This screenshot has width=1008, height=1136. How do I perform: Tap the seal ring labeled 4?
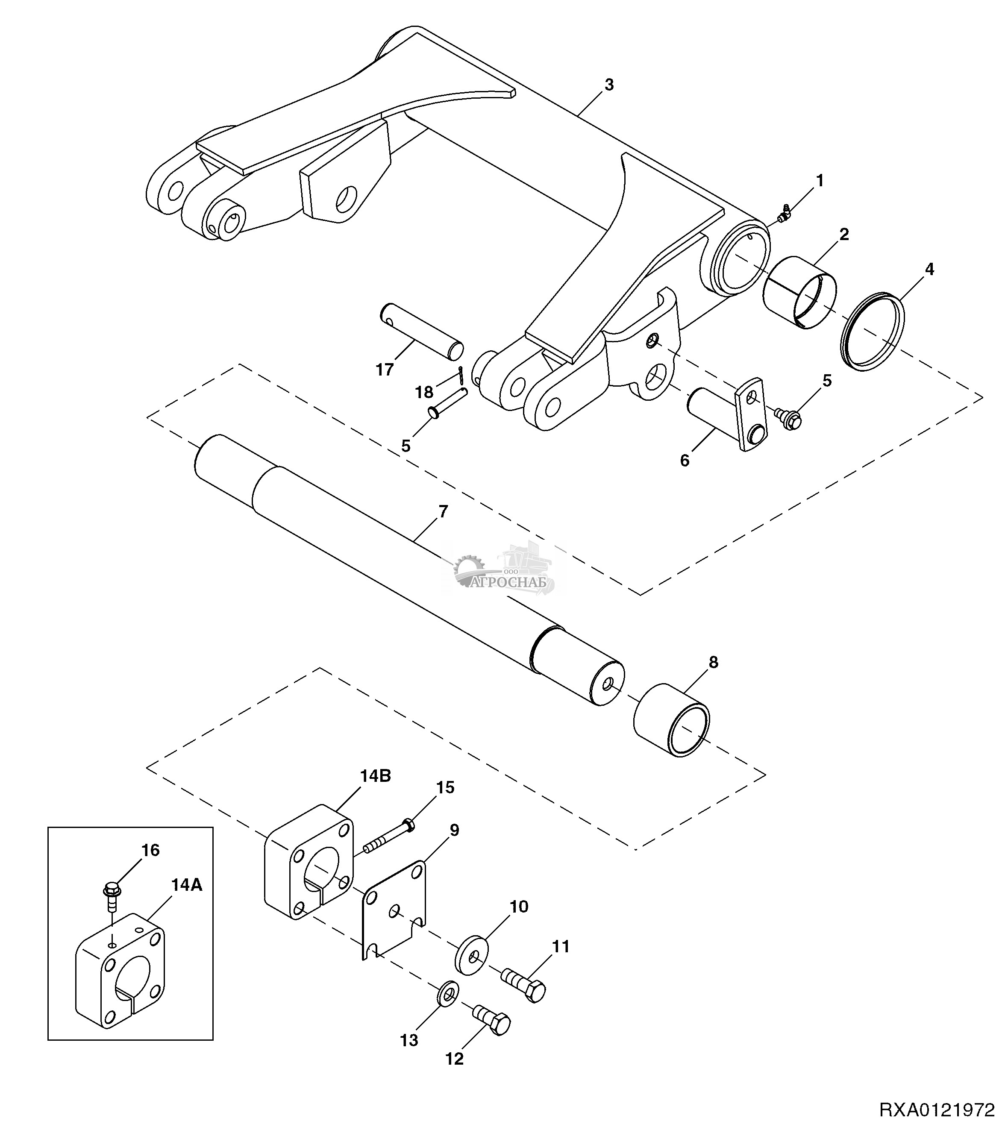coord(871,331)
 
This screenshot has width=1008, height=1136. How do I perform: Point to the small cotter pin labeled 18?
coord(461,375)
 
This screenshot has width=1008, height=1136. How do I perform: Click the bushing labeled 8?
coord(672,720)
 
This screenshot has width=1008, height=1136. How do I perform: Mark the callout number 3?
coord(609,85)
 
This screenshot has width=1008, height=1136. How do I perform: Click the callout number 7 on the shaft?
coord(443,512)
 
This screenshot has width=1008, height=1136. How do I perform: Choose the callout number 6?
coord(685,460)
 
